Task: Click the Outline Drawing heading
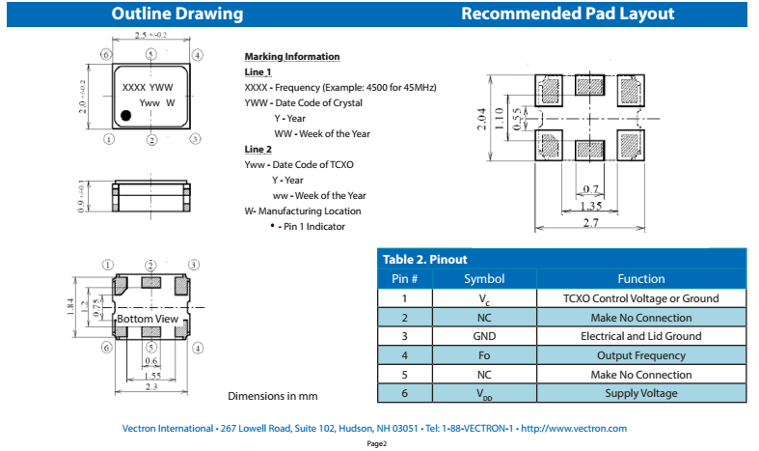point(177,14)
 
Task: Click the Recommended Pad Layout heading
point(567,14)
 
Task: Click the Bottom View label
point(148,319)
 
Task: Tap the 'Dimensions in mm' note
point(272,396)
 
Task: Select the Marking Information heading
point(291,57)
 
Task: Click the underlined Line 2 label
point(258,149)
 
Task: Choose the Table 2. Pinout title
point(425,259)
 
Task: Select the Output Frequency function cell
point(640,355)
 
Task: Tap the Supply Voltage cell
point(640,393)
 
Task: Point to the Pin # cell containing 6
point(403,393)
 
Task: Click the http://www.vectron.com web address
point(573,428)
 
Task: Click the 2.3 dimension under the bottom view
point(151,387)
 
